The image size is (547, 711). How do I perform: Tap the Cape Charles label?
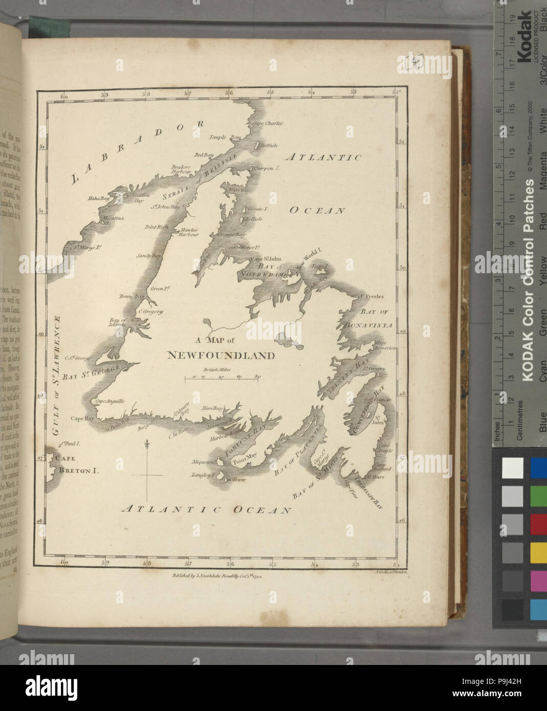point(266,123)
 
